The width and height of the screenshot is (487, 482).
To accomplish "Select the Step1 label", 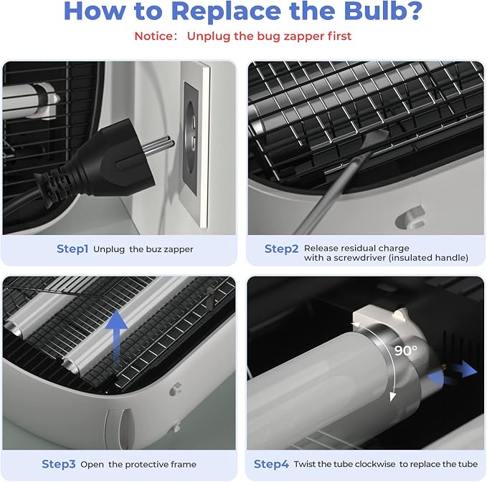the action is [x=72, y=249].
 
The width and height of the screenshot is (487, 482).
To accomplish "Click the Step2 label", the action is [x=281, y=249].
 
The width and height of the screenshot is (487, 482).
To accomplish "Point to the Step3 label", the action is [x=59, y=464].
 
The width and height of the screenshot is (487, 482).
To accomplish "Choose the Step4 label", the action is [x=271, y=464].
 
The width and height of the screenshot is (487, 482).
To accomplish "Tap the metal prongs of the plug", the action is [x=158, y=143].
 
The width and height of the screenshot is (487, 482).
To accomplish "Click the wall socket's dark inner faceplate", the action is [x=190, y=138].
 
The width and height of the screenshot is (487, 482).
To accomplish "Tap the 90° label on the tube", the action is [x=406, y=350].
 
